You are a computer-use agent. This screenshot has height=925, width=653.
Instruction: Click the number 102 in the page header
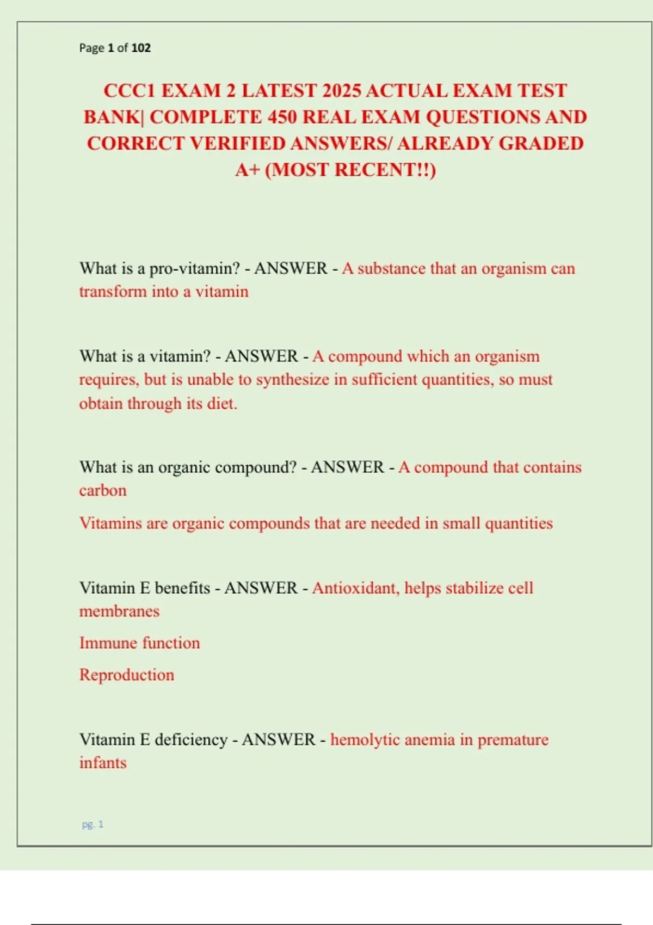coord(141,48)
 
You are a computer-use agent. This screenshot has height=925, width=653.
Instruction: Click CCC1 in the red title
coord(130,90)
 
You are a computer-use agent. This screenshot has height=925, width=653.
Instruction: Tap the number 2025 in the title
coord(341,90)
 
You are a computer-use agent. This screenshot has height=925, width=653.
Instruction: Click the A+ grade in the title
coord(248,170)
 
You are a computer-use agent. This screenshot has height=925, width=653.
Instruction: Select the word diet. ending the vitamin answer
coord(222,404)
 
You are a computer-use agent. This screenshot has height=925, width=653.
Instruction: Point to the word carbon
coord(103,491)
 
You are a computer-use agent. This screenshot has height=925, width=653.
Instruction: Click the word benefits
coord(182,588)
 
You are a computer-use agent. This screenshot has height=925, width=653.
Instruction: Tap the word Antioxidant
coord(354,588)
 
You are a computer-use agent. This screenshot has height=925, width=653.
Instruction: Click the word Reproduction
coord(127,675)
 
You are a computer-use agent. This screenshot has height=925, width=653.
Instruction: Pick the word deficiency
coord(191,740)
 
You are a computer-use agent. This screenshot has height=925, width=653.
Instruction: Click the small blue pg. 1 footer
coord(93,824)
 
